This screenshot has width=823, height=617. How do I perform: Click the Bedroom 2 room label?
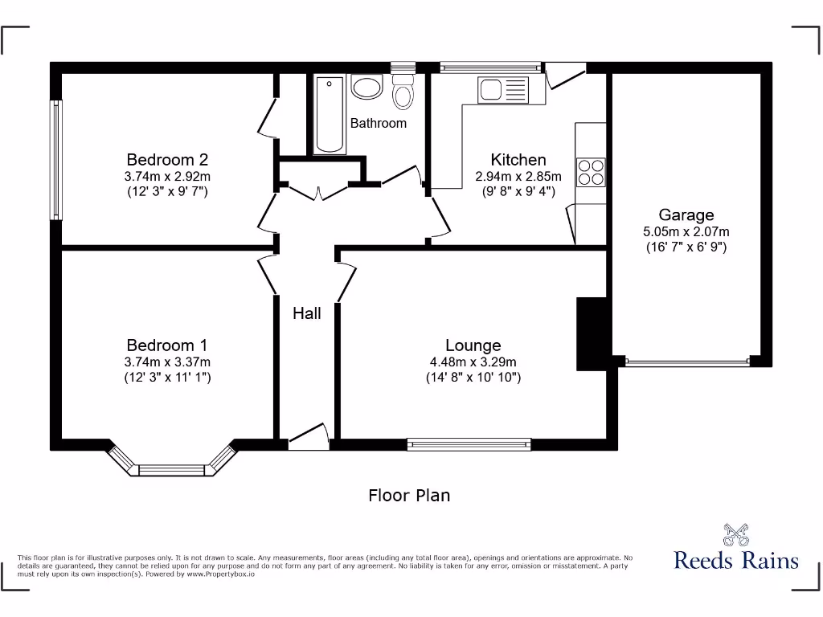click(x=167, y=159)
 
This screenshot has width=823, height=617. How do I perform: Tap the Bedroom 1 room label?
click(x=167, y=345)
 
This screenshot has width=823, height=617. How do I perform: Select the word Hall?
click(x=306, y=313)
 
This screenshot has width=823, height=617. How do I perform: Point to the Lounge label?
click(x=473, y=345)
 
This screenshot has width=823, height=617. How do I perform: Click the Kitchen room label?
click(x=518, y=160)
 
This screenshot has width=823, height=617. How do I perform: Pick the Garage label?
click(x=686, y=215)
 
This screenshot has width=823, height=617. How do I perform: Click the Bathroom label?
click(x=378, y=123)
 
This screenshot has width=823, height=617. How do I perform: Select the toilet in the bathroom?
click(x=403, y=92)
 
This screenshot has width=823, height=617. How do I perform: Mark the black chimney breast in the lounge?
click(x=592, y=333)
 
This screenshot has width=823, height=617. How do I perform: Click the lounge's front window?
click(x=469, y=442)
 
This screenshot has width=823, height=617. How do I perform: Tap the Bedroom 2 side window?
click(x=55, y=159)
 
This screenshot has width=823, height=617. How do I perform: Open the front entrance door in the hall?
click(x=309, y=438)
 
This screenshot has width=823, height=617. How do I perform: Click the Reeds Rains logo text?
click(x=736, y=560)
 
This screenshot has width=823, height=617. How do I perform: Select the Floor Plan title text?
click(x=409, y=495)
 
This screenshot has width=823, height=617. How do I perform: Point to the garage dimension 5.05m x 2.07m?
click(x=686, y=231)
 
